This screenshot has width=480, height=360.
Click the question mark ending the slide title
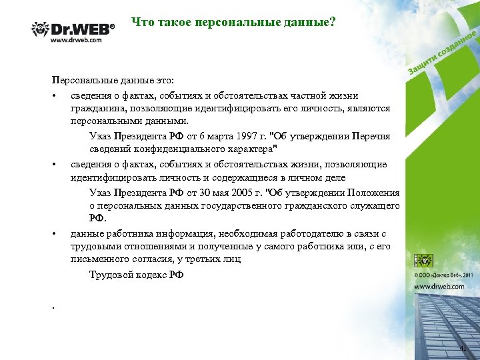pyautogui.click(x=333, y=23)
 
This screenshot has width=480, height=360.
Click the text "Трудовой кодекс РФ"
pyautogui.click(x=136, y=275)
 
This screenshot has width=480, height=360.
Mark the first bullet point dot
pyautogui.click(x=53, y=94)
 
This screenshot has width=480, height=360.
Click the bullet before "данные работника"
pyautogui.click(x=53, y=233)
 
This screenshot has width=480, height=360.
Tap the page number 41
pyautogui.click(x=463, y=349)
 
